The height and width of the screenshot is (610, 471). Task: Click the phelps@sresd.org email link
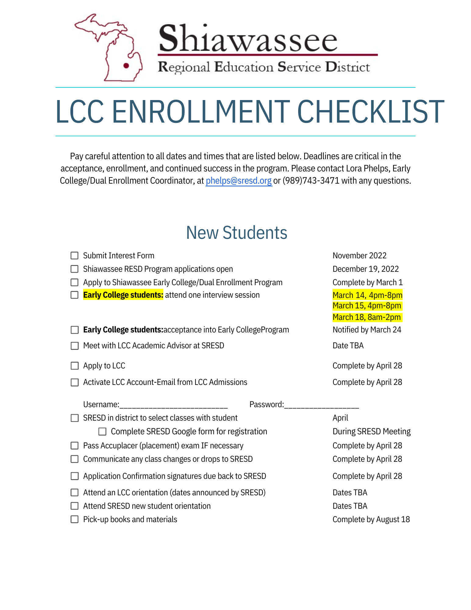click(x=238, y=181)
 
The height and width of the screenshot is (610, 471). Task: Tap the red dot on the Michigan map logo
click(x=126, y=65)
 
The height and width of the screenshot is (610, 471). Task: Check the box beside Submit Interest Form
click(x=74, y=255)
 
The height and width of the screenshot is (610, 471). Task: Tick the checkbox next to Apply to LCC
click(x=74, y=366)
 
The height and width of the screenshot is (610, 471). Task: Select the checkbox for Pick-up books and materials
click(x=74, y=519)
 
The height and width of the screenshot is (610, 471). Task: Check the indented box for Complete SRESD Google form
click(x=102, y=431)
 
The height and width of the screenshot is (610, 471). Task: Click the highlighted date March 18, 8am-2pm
click(x=367, y=317)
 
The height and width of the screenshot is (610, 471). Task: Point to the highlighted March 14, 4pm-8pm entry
click(x=367, y=295)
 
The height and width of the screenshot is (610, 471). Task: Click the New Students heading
click(x=237, y=233)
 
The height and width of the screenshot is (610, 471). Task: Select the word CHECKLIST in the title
click(x=370, y=112)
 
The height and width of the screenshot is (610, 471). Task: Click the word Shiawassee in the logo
click(x=248, y=39)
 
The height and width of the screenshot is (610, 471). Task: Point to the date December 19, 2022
click(x=366, y=269)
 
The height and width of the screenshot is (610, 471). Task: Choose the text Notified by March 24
click(x=367, y=330)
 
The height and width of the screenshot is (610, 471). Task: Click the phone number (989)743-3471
click(x=311, y=181)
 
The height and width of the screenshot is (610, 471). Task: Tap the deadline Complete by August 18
click(x=371, y=519)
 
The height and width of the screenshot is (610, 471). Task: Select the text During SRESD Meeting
click(x=371, y=432)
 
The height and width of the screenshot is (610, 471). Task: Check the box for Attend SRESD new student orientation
click(x=74, y=506)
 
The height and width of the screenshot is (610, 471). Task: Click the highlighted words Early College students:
click(x=123, y=295)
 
